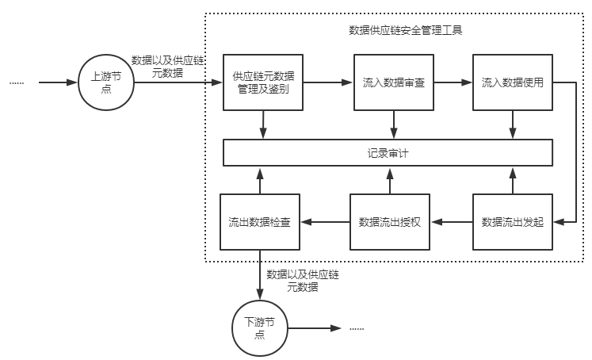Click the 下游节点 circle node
coord(259,327)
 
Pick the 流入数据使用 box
coord(512,82)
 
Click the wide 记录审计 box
coord(388,152)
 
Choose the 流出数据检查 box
coord(259,221)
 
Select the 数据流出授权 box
coord(389,221)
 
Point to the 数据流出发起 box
coord(513,221)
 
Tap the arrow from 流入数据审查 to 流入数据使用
coord(451,82)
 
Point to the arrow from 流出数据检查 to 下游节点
coord(259,274)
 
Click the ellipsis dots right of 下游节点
coord(356,328)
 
